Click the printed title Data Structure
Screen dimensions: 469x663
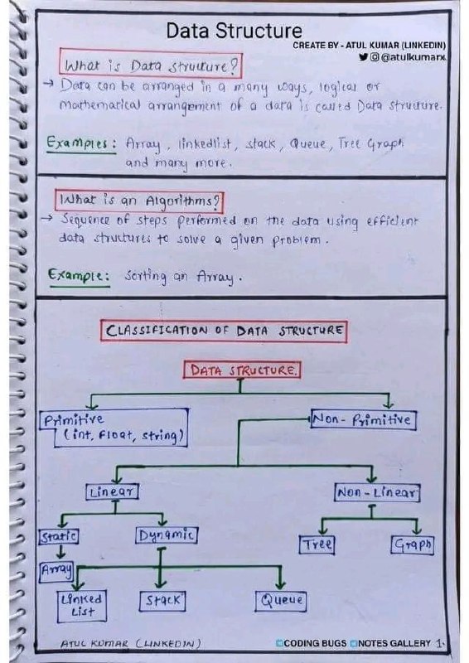(x=234, y=31)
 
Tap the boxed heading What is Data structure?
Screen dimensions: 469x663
(x=151, y=65)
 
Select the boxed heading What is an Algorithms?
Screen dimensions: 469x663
(x=139, y=201)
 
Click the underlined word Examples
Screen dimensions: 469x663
(x=82, y=143)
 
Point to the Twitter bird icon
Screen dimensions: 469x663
(x=363, y=56)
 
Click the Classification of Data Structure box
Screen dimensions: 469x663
(x=224, y=331)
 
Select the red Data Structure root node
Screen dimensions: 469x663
(x=242, y=370)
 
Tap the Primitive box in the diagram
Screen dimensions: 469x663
(x=114, y=428)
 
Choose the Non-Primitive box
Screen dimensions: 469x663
(x=363, y=420)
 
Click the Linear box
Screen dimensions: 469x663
(x=112, y=491)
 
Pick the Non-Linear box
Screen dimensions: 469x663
(x=377, y=492)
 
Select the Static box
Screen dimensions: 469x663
(x=59, y=536)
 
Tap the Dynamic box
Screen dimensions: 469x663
(x=167, y=535)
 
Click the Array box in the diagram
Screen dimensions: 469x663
(x=56, y=572)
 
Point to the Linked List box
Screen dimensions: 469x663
(x=82, y=606)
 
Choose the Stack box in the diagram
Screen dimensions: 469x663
(x=162, y=600)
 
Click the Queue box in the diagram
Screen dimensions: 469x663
(x=281, y=600)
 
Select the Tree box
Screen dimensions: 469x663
(x=317, y=544)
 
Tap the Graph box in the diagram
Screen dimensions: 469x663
(x=413, y=544)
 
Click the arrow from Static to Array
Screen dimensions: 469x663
(x=60, y=552)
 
